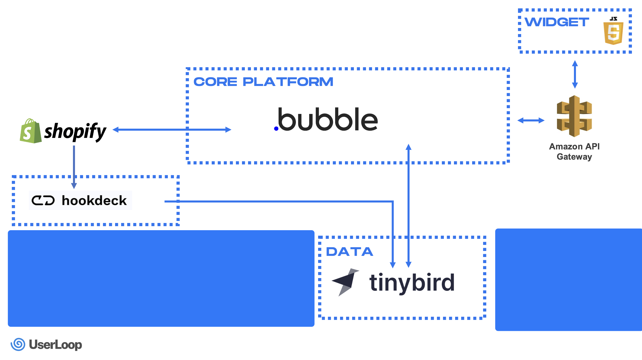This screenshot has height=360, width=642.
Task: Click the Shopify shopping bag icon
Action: click(x=30, y=131)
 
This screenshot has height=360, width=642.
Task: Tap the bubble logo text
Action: click(x=328, y=119)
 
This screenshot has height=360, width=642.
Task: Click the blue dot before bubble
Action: click(x=276, y=129)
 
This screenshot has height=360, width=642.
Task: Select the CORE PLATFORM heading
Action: click(x=263, y=82)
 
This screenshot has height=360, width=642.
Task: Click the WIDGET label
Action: click(x=557, y=22)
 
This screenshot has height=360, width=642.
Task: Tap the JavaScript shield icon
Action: click(x=613, y=32)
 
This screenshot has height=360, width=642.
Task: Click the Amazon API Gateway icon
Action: click(x=574, y=116)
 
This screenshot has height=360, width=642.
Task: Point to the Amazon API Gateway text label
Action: click(x=574, y=151)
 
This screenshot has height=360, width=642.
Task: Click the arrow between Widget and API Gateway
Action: click(x=575, y=74)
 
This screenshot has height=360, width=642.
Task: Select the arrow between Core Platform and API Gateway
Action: click(x=531, y=120)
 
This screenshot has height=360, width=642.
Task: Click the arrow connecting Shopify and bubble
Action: click(x=172, y=130)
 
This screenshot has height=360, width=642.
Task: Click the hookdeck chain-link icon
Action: click(x=43, y=200)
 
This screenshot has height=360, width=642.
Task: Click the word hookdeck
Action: click(x=94, y=200)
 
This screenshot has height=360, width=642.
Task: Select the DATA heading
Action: click(x=350, y=252)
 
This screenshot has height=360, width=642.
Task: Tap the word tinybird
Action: click(x=412, y=283)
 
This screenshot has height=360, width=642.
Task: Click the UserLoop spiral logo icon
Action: click(x=18, y=344)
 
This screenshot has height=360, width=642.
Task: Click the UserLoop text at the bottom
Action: click(x=55, y=345)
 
